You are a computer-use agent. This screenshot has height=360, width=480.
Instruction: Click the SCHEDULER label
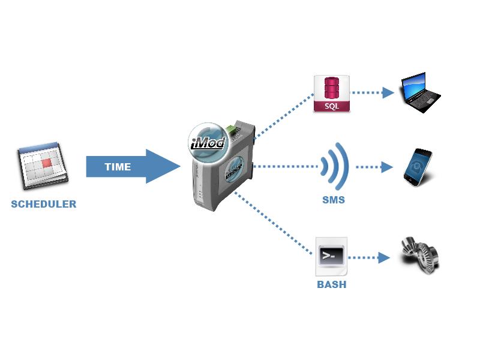click(43, 204)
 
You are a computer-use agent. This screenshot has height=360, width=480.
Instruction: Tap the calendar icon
click(43, 166)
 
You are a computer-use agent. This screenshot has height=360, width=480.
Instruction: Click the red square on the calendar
click(47, 163)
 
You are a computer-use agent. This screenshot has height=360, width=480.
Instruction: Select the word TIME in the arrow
click(118, 167)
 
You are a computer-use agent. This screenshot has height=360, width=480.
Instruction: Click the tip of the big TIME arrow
click(181, 167)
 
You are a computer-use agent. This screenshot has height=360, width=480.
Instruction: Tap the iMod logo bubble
click(208, 142)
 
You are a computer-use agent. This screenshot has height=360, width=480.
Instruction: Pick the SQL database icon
click(332, 94)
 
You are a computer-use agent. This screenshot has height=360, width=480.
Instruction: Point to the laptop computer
click(421, 92)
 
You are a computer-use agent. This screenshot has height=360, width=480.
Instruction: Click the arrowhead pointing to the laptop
click(388, 92)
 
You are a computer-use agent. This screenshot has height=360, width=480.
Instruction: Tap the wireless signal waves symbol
click(335, 167)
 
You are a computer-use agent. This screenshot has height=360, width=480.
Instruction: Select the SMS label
click(334, 200)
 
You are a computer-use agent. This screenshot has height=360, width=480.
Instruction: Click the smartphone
click(418, 167)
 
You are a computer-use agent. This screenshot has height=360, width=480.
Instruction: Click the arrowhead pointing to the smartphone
click(387, 167)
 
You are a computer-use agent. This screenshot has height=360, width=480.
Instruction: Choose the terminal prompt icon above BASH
click(331, 256)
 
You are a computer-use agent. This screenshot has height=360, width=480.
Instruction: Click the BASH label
click(332, 284)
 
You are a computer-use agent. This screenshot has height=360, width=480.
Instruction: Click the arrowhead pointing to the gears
click(384, 258)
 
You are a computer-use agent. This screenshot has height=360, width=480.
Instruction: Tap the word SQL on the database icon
click(332, 106)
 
